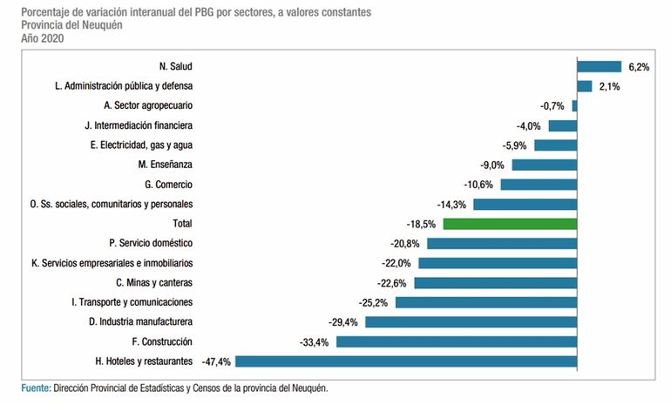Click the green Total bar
click(x=510, y=224)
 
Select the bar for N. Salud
click(x=599, y=66)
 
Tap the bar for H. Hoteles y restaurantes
click(x=406, y=361)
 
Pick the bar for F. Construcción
click(x=456, y=341)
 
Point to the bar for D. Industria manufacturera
click(x=471, y=321)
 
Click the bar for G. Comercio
click(x=539, y=185)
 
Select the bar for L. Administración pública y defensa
click(x=585, y=86)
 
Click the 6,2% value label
click(x=638, y=66)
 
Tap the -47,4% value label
click(x=217, y=361)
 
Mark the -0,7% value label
click(x=552, y=106)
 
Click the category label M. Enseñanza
click(x=165, y=165)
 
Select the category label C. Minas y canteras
click(x=154, y=282)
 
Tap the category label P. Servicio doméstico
click(x=151, y=243)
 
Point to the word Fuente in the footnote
click(x=36, y=388)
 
